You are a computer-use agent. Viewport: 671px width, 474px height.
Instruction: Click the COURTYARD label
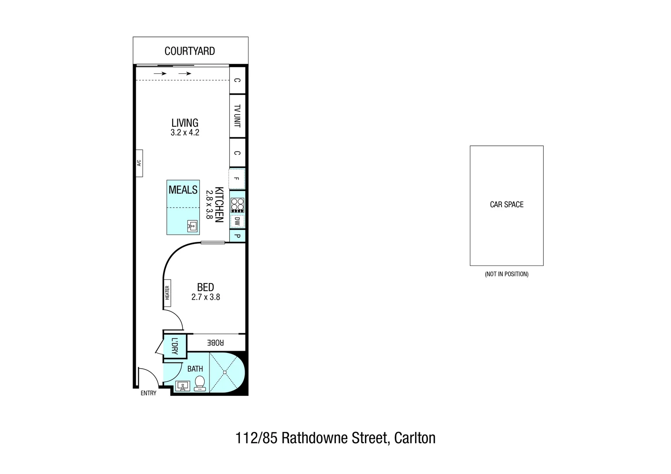point(190,51)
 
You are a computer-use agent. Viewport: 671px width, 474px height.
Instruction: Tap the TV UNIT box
point(237,116)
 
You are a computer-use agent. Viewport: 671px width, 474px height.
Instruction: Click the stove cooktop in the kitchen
point(238,205)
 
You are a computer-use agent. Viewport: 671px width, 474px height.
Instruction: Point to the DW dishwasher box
point(238,221)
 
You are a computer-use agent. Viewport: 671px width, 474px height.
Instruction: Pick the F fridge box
point(237,179)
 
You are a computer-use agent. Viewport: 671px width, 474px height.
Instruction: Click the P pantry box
point(238,236)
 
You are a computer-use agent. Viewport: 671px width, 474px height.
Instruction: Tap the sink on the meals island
point(192,226)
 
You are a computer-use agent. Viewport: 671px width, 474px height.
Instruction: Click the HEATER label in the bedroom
point(167,293)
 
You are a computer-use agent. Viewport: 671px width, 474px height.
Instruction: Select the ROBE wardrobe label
point(216,342)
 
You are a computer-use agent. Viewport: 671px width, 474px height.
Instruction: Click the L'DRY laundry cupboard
point(174,347)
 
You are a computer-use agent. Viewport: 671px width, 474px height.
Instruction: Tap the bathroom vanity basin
point(182,386)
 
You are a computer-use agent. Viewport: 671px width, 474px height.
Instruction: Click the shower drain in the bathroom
point(224,372)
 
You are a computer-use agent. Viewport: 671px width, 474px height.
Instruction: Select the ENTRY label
point(148,393)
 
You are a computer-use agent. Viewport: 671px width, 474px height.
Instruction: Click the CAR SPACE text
point(507,205)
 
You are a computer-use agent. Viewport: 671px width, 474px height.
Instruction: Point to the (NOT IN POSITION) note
point(506,274)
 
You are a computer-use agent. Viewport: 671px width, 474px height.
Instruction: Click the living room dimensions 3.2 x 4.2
point(185,133)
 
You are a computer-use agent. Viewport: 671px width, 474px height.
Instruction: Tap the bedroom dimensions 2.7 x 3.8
point(206,297)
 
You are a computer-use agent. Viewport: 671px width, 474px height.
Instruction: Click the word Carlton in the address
point(415,438)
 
